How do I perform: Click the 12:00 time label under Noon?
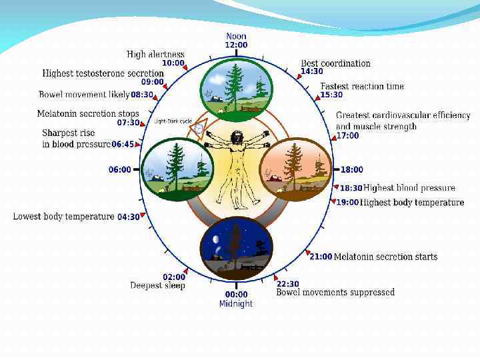237,45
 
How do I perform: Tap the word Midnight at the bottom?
236,303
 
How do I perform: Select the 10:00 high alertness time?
173,63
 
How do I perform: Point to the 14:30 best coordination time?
312,72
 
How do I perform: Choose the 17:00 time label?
347,135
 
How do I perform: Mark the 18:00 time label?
352,170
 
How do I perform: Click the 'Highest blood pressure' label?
409,188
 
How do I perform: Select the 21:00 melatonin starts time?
320,257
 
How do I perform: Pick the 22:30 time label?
288,283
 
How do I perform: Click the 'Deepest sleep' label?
157,286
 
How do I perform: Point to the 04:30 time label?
129,217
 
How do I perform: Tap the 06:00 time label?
120,170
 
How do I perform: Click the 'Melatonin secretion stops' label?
88,114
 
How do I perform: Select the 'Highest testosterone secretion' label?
103,73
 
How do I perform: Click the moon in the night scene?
215,240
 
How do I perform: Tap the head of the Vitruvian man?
235,139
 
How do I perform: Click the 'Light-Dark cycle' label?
173,121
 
